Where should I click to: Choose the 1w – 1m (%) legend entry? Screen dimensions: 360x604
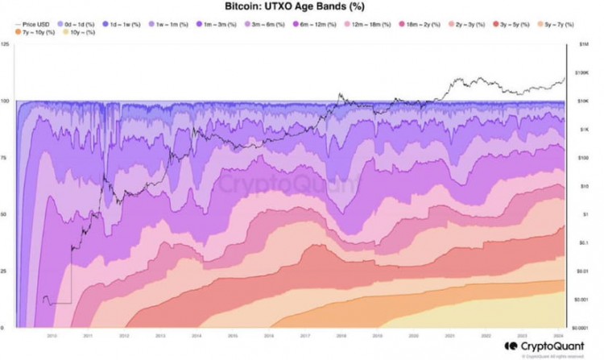point(172,25)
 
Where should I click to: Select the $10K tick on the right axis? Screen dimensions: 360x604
point(581,100)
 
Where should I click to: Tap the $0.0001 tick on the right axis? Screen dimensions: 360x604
point(584,327)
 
